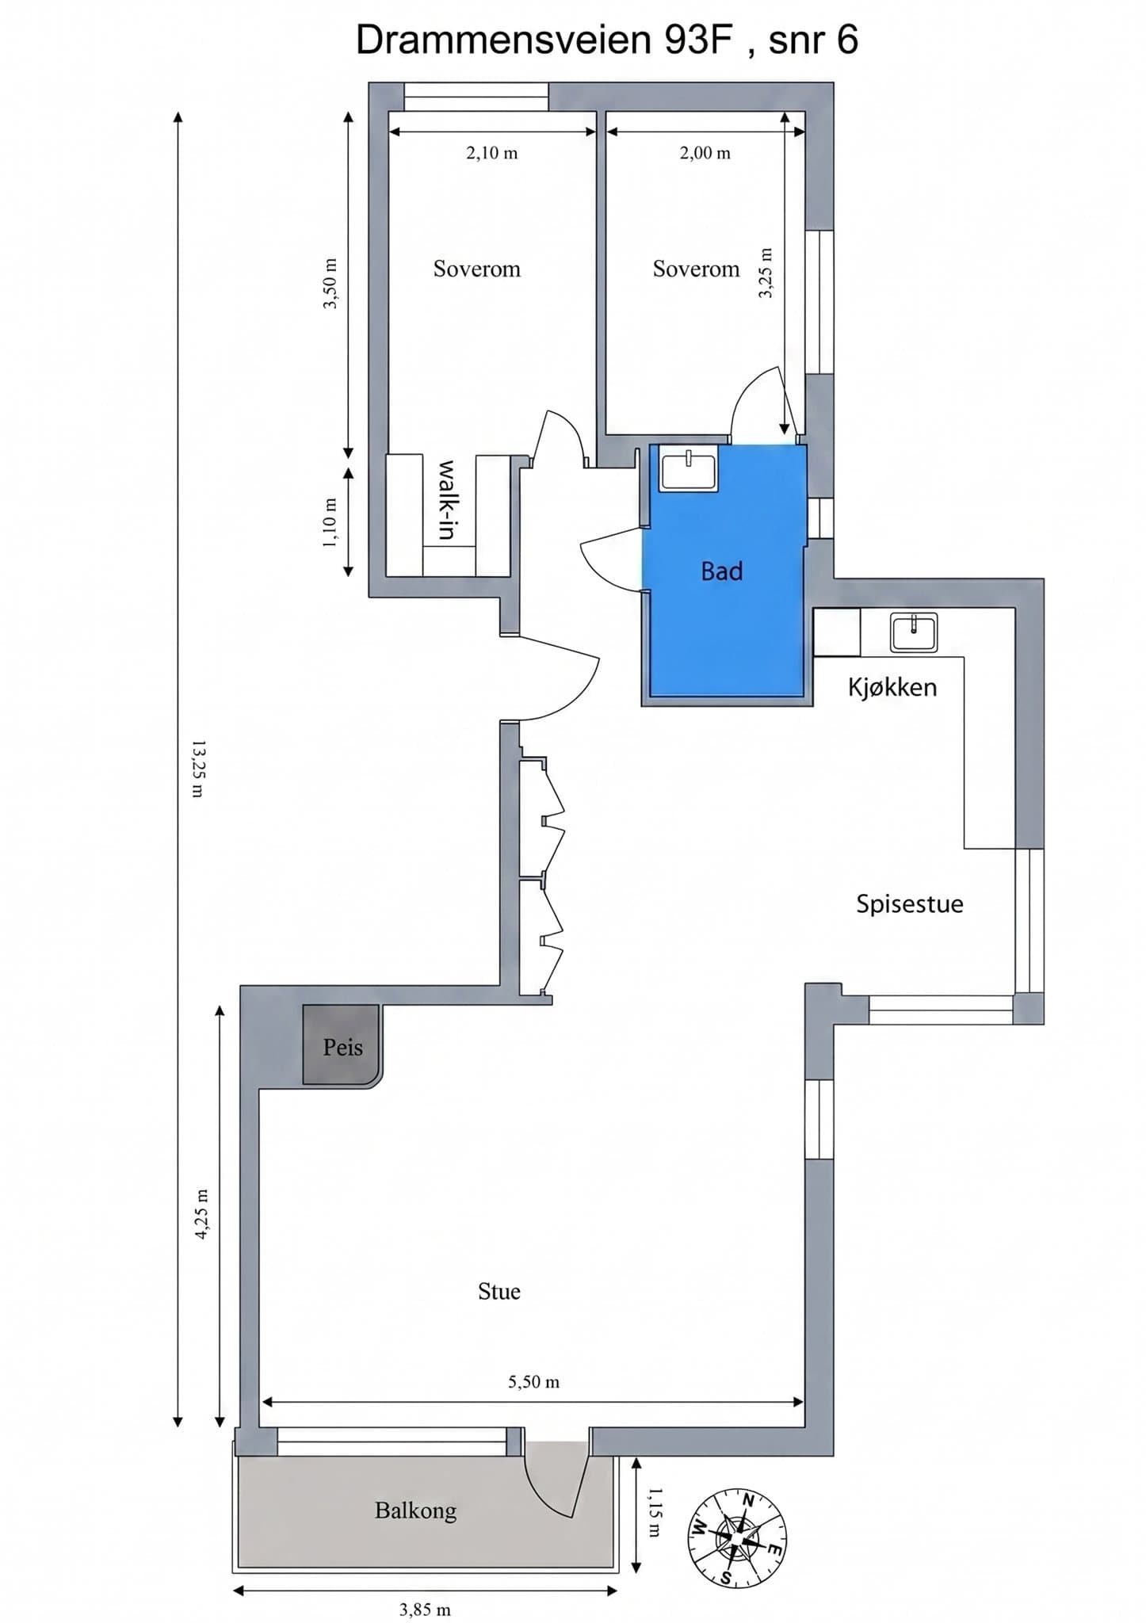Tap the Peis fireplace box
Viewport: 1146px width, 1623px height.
click(342, 1045)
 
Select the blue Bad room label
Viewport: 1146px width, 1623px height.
click(722, 571)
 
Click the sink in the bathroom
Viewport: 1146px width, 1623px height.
click(689, 470)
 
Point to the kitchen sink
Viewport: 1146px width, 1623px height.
click(914, 632)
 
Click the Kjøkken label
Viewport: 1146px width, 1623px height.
click(892, 687)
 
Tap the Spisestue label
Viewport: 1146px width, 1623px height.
click(910, 904)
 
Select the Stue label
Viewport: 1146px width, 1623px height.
click(499, 1292)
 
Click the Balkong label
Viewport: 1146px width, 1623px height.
click(416, 1510)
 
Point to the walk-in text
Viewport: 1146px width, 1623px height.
click(447, 500)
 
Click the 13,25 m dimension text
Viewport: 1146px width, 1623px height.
click(198, 769)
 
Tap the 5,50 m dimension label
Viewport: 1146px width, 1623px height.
click(534, 1382)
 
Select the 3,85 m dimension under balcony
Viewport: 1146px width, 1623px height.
click(425, 1610)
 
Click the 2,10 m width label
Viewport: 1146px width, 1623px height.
click(492, 153)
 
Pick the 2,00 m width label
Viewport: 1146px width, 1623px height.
click(705, 153)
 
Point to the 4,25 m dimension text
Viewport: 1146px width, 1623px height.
click(201, 1214)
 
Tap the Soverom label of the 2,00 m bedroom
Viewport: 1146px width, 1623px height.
click(696, 269)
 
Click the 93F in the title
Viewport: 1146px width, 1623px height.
click(697, 40)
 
